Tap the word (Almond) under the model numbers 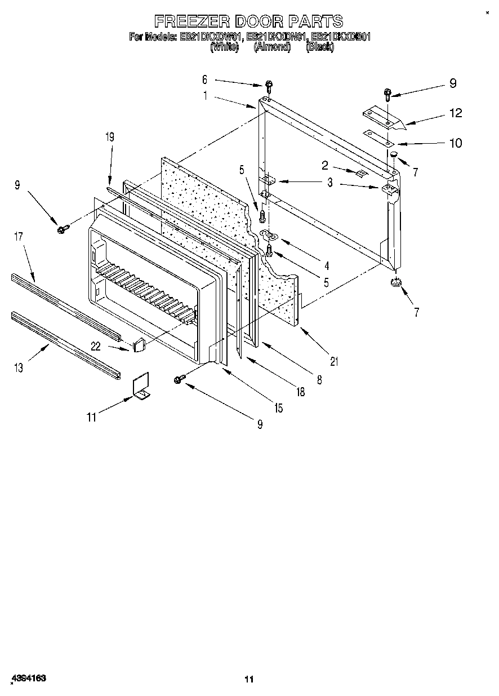(271, 47)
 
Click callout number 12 (455, 113)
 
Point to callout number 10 (455, 143)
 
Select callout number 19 (109, 136)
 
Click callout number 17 (18, 237)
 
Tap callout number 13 (18, 367)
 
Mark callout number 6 (205, 79)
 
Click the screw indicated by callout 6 (269, 86)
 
